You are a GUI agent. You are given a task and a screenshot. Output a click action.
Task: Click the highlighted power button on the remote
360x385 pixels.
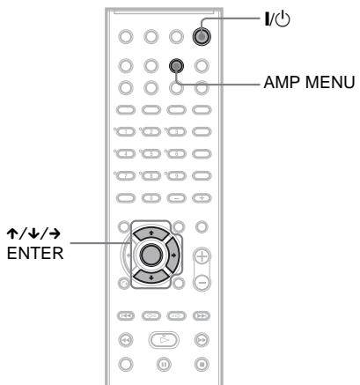tap(202, 37)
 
